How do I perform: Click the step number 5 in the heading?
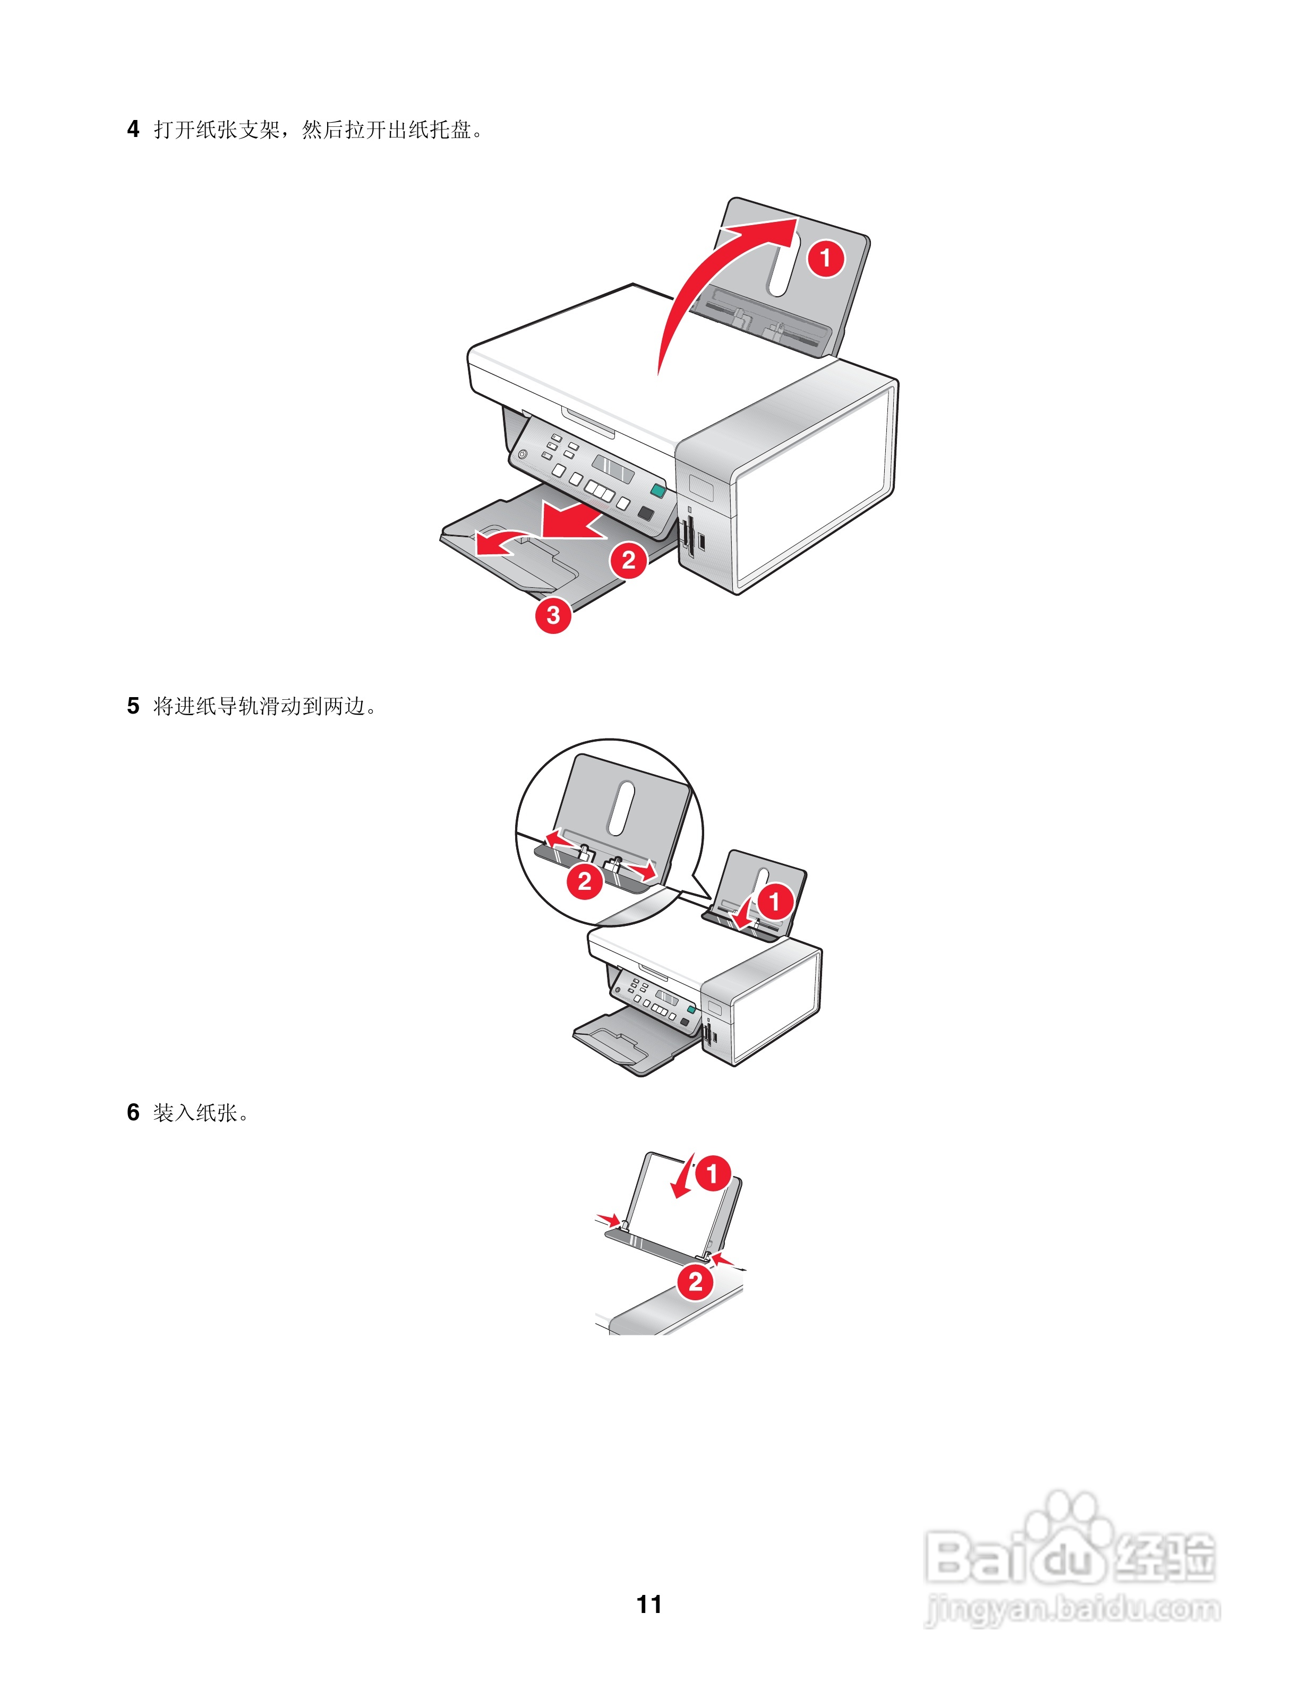[x=133, y=706]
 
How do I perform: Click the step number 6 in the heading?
[x=133, y=1112]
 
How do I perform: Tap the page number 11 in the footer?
[x=649, y=1604]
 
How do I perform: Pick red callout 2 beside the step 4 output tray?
[x=628, y=560]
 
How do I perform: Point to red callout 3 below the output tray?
[x=553, y=615]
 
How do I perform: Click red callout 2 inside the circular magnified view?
[x=585, y=880]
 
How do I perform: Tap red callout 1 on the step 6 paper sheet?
[x=712, y=1174]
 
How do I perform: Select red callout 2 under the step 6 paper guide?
[x=696, y=1282]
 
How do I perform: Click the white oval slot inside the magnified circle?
[x=621, y=809]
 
